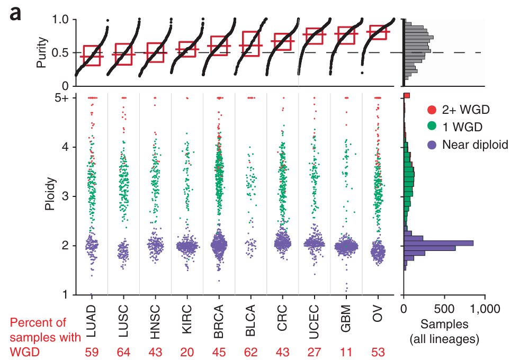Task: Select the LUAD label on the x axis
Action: tap(92, 317)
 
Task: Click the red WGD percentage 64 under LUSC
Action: tap(124, 352)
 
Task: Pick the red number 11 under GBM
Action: tap(346, 352)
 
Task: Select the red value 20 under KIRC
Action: tap(187, 352)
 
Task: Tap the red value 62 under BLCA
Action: tap(251, 352)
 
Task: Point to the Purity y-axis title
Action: tap(41, 52)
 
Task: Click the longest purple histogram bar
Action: tap(439, 243)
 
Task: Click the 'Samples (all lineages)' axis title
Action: tap(445, 331)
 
